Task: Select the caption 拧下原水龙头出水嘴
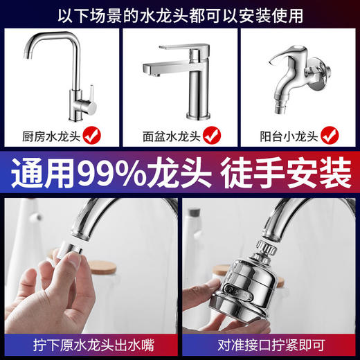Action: [x=90, y=344]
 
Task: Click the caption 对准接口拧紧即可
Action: [x=271, y=344]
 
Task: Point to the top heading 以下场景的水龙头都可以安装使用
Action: [x=180, y=13]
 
